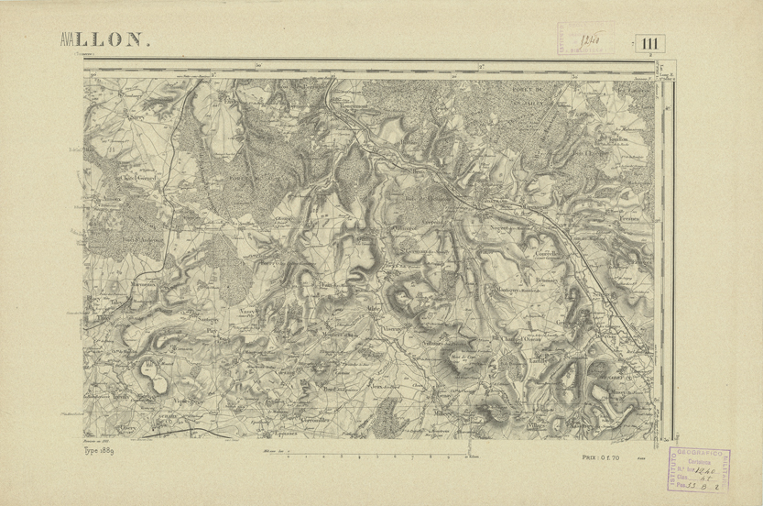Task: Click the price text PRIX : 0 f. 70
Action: coord(601,456)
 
